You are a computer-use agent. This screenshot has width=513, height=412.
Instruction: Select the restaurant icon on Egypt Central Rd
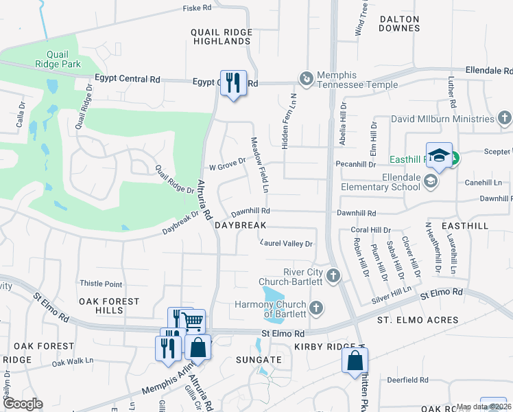coord(233,83)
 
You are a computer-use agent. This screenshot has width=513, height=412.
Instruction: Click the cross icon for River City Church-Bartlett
coord(333,276)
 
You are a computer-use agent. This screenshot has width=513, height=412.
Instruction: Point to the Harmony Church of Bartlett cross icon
coord(315,306)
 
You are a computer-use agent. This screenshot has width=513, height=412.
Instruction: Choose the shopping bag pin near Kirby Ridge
coord(355,360)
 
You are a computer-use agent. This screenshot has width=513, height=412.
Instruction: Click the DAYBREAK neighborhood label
coord(240,225)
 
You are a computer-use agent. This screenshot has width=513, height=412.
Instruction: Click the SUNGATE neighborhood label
coord(259,359)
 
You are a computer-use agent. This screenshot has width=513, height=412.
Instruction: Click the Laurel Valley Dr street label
coord(287,243)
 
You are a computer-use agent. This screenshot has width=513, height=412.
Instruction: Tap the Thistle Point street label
coord(101,284)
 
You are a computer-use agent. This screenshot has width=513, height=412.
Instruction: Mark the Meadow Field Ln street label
coord(259,165)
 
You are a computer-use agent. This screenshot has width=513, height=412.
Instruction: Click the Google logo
coord(23,404)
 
